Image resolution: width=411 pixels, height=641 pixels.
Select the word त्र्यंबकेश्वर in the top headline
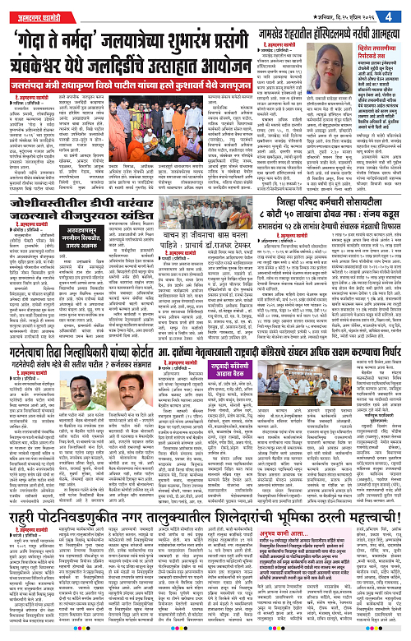54,60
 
